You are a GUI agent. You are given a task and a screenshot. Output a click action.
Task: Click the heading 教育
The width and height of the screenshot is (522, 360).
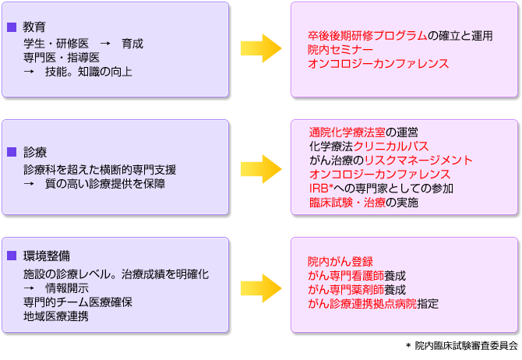[34, 27]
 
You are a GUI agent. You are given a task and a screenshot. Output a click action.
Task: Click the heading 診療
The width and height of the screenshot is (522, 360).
[34, 151]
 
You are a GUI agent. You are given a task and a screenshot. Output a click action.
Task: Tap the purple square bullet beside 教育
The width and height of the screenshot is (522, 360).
[12, 27]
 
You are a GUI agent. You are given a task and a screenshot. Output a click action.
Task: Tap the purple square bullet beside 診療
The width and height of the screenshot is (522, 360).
[12, 151]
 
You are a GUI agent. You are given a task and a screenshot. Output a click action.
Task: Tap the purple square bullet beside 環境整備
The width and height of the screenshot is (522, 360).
[12, 256]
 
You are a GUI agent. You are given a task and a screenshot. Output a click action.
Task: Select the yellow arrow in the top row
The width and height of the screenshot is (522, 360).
[261, 48]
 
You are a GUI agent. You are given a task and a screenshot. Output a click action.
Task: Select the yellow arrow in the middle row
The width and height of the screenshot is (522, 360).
[261, 167]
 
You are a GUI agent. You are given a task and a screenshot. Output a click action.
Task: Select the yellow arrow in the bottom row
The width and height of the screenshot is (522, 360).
[261, 288]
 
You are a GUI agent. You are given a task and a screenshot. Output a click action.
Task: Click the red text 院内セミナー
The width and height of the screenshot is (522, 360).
[340, 50]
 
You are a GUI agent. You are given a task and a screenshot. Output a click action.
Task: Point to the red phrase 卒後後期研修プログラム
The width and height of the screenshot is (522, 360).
[368, 36]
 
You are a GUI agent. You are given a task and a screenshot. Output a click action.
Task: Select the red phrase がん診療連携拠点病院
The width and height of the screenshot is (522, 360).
[362, 303]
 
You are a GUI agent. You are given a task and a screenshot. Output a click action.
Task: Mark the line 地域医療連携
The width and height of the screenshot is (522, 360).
[55, 316]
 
